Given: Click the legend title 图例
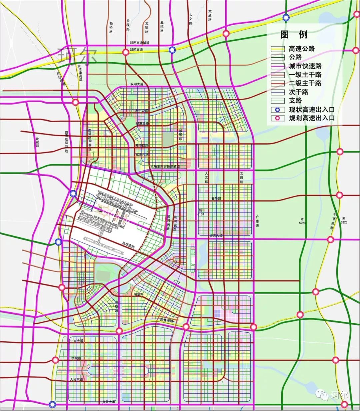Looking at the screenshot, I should (294, 35).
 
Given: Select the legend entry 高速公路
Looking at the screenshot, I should (302, 49).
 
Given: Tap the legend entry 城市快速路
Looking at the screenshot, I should (305, 66).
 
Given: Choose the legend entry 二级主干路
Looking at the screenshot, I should (305, 83).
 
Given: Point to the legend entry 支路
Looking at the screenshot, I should (295, 101).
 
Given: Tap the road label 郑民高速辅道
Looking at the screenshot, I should (139, 43).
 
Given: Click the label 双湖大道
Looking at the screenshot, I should (137, 85).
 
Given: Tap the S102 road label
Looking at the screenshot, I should (177, 282).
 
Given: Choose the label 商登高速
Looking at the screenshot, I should (166, 320).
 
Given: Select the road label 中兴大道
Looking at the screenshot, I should (77, 341).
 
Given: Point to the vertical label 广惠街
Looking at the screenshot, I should (257, 221).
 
